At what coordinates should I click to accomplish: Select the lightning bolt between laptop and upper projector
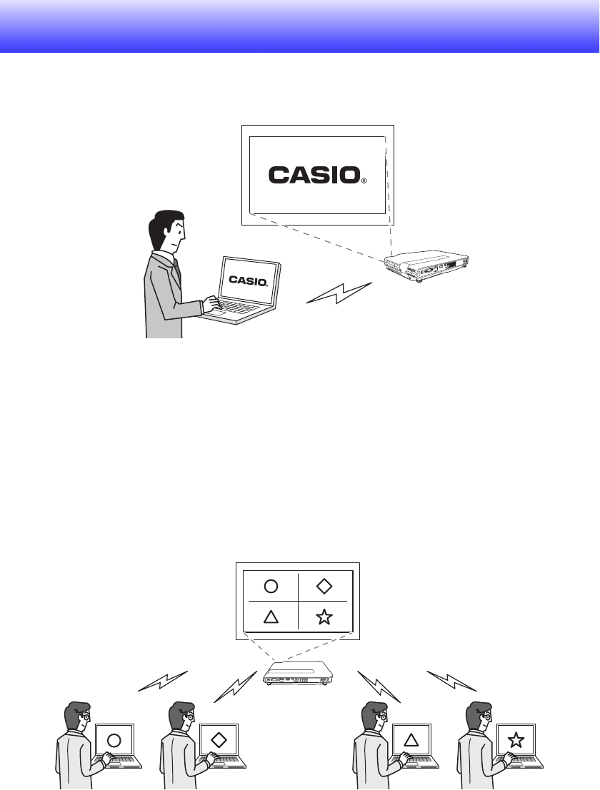coord(340,293)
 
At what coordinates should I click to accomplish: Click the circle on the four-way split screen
coord(271,587)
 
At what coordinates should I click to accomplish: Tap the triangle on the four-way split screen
coord(271,617)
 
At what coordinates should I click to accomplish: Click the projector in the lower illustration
coord(299,672)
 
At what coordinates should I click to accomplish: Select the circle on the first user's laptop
coord(114,740)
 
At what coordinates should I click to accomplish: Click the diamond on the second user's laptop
coord(219,740)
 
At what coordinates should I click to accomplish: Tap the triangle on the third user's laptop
coord(411,740)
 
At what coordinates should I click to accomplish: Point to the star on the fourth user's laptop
coord(514,740)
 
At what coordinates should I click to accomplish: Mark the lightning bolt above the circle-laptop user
coord(163,681)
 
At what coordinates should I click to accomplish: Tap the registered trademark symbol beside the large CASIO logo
coord(364,181)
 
